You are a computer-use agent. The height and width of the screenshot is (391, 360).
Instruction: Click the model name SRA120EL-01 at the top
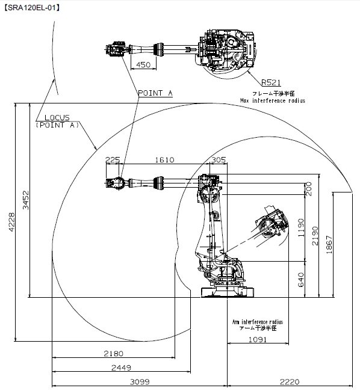tap(32, 8)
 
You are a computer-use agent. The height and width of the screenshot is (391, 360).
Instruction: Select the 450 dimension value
tap(143, 64)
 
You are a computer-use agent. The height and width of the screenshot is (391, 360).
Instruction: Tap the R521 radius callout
tap(271, 82)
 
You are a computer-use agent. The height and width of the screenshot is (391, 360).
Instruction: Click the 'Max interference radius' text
tap(273, 100)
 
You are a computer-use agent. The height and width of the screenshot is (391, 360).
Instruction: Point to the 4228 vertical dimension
tap(11, 222)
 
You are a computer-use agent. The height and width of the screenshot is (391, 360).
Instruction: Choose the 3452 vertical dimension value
tap(26, 200)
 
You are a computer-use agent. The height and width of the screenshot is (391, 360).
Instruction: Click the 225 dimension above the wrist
tap(113, 159)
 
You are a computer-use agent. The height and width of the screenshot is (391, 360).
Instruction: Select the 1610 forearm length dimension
tap(165, 159)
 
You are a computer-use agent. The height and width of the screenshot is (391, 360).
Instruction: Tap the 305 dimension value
tap(219, 159)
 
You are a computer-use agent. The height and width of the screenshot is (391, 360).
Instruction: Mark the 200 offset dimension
tap(309, 189)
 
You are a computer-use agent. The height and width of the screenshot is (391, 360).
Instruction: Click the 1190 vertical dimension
tap(302, 227)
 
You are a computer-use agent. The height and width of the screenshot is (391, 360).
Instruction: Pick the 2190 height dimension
tap(315, 236)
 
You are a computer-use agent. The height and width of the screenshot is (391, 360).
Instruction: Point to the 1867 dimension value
tap(329, 245)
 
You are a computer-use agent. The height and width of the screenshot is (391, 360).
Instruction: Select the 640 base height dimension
tap(302, 280)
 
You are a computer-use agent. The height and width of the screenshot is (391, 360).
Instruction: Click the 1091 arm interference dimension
tap(258, 339)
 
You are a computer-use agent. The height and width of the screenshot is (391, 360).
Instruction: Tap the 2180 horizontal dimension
tap(114, 353)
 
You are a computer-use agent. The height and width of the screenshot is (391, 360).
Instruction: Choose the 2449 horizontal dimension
tap(121, 368)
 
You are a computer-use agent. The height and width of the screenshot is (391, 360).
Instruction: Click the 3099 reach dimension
tap(140, 381)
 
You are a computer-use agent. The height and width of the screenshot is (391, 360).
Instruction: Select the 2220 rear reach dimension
tap(290, 381)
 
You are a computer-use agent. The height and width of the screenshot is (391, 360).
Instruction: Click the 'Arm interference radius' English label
tap(258, 322)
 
